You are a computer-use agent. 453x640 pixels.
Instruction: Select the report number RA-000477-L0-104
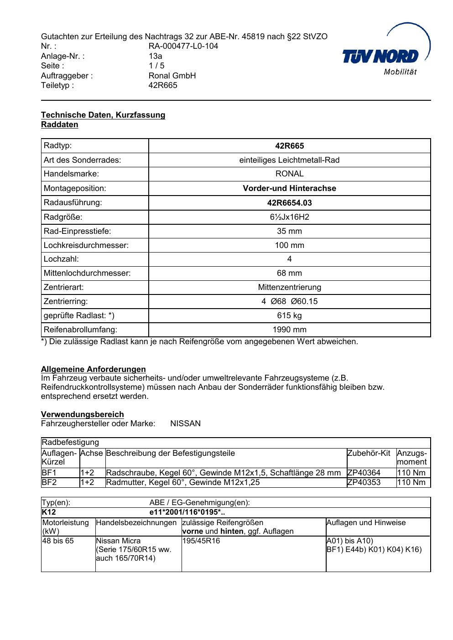point(183,46)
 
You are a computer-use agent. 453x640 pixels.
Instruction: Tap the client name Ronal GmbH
point(172,76)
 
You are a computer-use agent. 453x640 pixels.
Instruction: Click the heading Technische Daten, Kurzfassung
point(103,115)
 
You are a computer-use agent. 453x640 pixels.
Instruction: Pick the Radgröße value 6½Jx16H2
point(289,217)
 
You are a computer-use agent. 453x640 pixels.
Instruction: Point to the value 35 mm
point(289,231)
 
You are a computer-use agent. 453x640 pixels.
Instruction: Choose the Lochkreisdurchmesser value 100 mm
point(289,245)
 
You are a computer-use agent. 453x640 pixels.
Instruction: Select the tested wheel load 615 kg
point(289,315)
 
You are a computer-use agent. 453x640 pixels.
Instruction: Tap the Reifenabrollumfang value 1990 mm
point(289,330)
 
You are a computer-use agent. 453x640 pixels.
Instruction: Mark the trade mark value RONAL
point(289,174)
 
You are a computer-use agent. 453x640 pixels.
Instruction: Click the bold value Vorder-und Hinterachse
point(289,188)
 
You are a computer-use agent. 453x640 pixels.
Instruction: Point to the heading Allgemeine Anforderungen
point(94,369)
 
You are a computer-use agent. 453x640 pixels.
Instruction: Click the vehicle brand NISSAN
point(185,423)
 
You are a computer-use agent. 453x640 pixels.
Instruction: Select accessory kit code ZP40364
point(364,473)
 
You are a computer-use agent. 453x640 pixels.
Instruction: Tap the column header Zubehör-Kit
point(369,453)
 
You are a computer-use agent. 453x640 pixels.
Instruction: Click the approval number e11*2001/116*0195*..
point(187,512)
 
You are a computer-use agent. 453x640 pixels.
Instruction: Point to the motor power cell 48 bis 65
point(58,541)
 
